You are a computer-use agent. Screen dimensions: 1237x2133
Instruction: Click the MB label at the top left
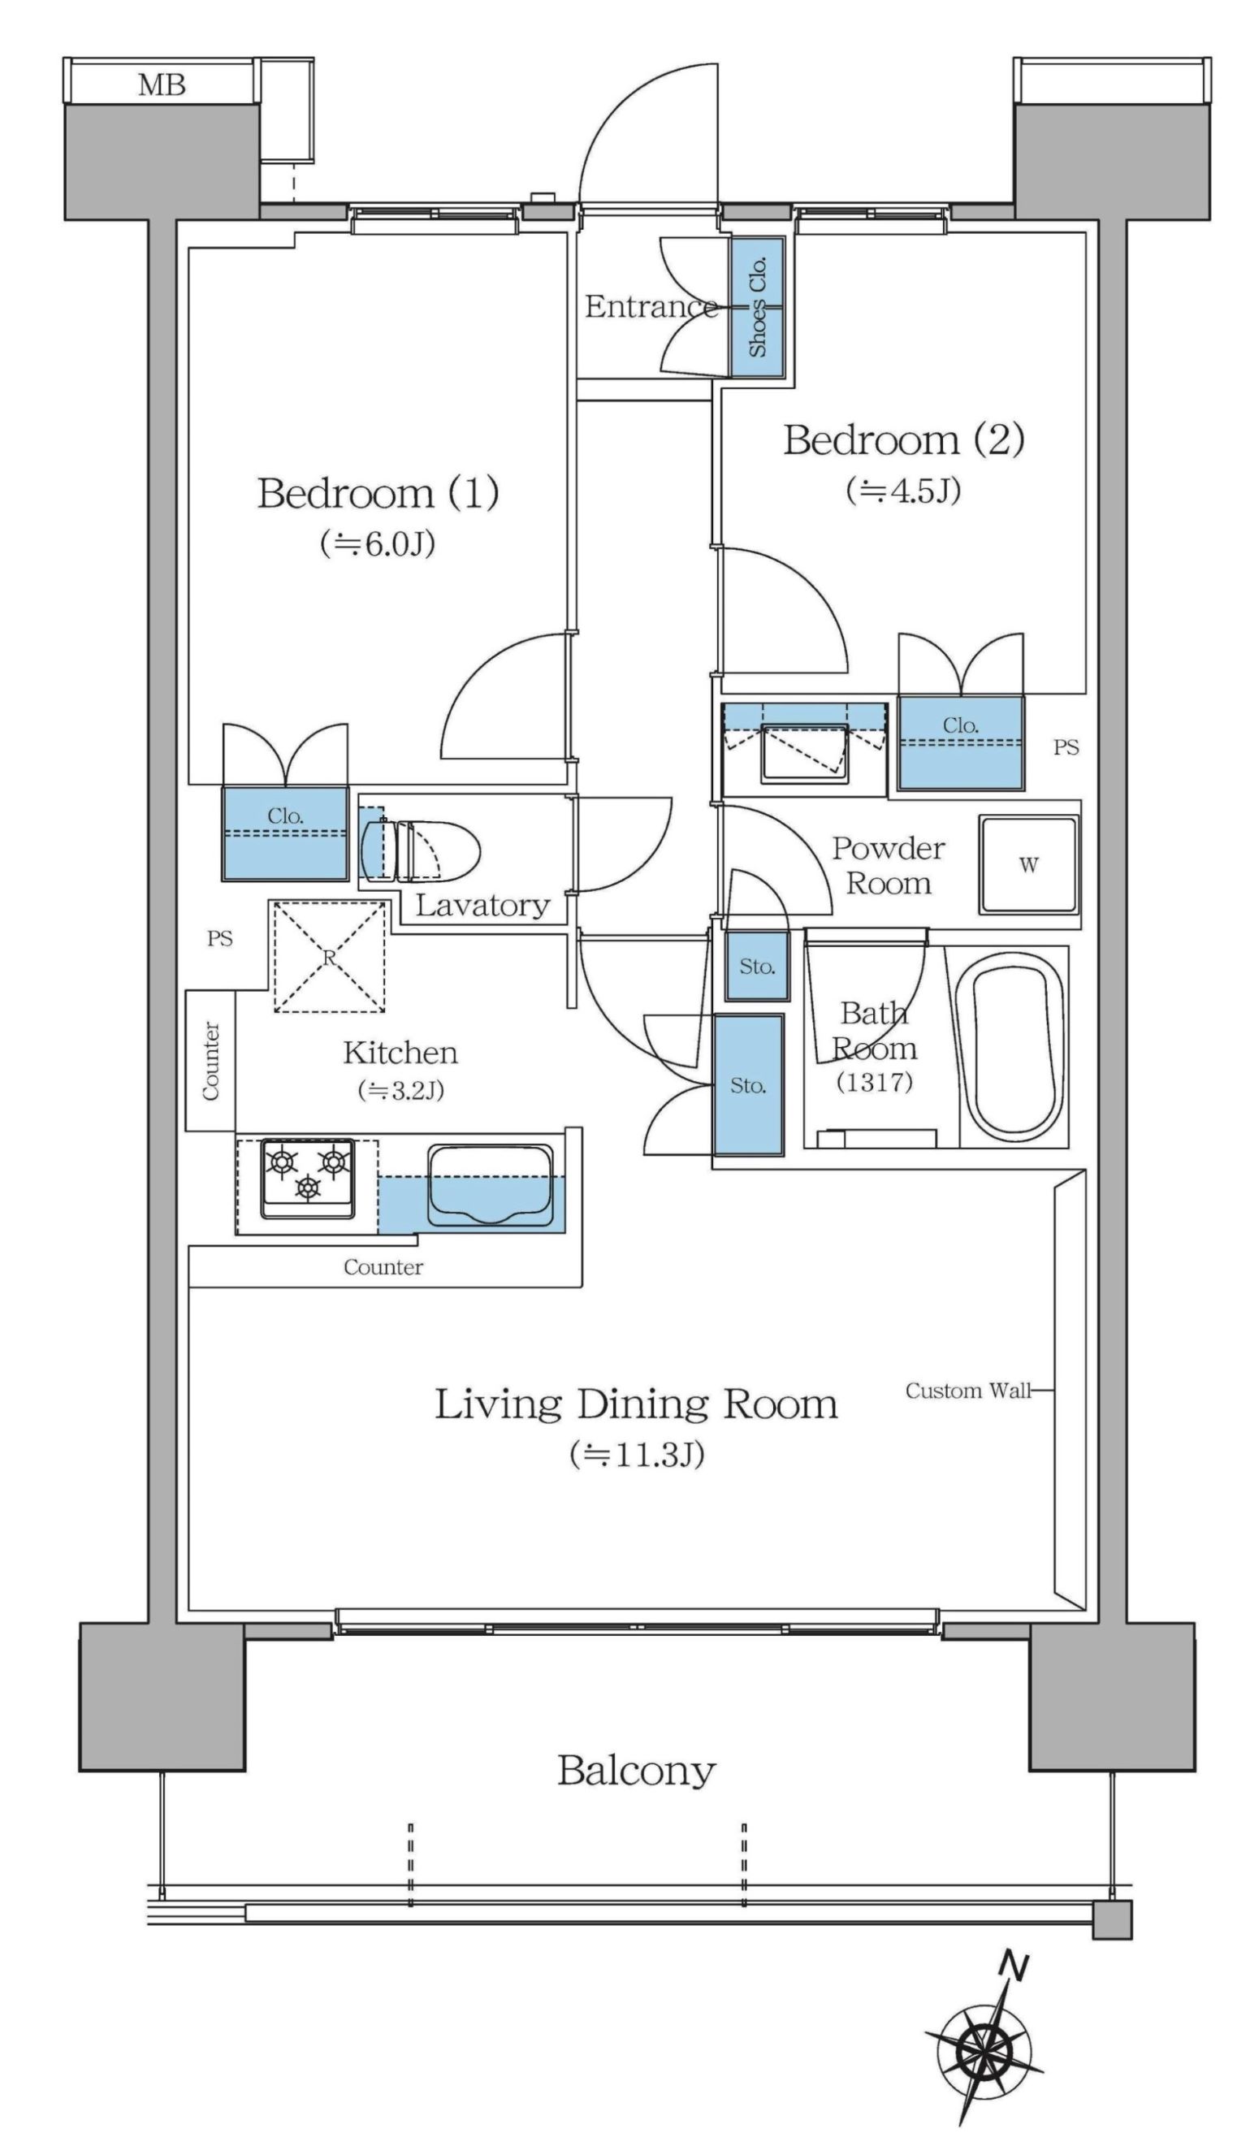point(162,84)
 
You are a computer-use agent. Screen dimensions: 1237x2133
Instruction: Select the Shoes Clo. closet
point(757,306)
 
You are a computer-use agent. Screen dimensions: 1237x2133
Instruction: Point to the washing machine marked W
point(1029,864)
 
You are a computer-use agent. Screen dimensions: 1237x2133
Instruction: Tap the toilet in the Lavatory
point(420,850)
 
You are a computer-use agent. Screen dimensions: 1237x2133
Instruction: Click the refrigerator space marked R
point(329,957)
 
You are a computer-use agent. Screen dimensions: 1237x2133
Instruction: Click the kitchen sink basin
point(490,1184)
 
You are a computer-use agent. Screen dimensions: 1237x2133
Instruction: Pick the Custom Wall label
point(968,1390)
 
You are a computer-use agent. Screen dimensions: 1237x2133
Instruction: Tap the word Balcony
point(636,1771)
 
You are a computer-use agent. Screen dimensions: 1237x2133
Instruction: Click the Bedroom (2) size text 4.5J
point(904,490)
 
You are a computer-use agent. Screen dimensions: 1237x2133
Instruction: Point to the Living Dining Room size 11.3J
point(636,1454)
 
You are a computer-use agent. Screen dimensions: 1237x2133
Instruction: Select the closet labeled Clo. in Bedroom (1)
point(285,833)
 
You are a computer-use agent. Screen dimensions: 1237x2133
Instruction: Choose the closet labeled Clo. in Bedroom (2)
point(960,742)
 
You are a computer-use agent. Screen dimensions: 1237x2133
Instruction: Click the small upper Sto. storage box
point(757,966)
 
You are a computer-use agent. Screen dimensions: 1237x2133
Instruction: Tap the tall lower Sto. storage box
point(749,1085)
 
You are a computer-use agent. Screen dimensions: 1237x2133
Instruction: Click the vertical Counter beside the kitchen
point(210,1061)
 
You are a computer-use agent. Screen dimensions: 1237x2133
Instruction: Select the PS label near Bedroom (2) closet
point(1066,747)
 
